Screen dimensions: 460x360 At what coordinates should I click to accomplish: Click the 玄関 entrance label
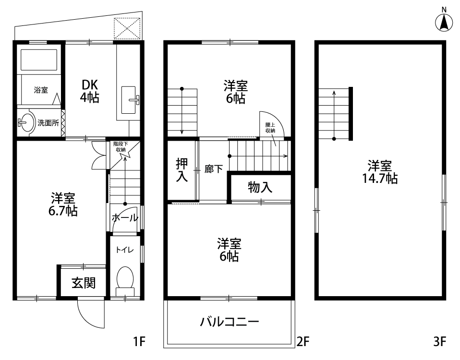(84, 283)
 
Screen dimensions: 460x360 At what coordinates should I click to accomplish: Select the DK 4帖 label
(89, 91)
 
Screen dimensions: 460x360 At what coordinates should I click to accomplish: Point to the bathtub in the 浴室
(39, 60)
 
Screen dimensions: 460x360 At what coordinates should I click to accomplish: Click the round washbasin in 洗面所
(27, 122)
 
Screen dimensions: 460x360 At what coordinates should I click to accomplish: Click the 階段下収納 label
(121, 146)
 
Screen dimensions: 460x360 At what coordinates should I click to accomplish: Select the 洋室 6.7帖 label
(63, 204)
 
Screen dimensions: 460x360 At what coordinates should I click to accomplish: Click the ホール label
(125, 217)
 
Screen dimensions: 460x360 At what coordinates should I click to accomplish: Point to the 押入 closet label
(182, 170)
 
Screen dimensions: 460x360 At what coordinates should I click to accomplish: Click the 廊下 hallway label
(214, 169)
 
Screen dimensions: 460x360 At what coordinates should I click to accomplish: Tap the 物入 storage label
(260, 187)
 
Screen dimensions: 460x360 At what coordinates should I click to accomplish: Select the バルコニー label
(230, 322)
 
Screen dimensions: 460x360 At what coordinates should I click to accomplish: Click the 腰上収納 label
(270, 128)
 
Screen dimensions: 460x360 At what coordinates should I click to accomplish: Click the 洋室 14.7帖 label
(380, 172)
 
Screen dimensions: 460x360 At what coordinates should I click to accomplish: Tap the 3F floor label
(439, 342)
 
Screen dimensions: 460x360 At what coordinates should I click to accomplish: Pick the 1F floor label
(139, 342)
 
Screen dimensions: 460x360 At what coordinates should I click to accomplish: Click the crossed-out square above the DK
(127, 28)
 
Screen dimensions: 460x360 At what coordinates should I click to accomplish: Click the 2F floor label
(303, 342)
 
